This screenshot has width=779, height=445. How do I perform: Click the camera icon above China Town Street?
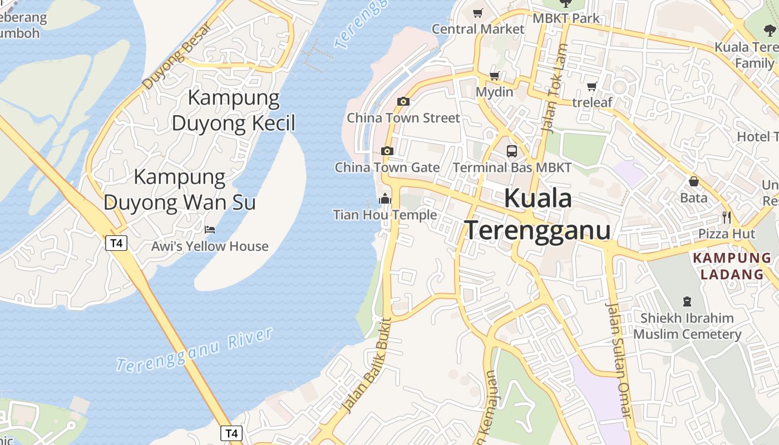403,101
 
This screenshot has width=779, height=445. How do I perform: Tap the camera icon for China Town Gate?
387,151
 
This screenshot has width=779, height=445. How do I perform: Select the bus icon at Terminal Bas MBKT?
511,151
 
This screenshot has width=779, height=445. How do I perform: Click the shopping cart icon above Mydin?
494,76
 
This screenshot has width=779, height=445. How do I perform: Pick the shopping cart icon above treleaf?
591,86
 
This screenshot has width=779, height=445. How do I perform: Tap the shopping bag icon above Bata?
694,181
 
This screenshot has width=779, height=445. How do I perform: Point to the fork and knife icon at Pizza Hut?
726,217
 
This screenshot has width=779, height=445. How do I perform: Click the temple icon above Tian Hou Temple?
384,199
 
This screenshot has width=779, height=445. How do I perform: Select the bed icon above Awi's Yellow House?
210,229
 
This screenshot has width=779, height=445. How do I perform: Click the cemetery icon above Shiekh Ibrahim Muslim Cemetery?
687,301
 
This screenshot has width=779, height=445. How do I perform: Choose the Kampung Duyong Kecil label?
233,110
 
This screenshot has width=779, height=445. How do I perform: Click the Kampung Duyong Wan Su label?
180,190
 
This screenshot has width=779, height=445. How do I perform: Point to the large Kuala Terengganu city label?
538,214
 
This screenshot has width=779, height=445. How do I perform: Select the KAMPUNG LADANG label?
732,266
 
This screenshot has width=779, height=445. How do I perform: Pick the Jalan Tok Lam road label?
554,89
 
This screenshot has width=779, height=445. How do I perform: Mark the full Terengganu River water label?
195,350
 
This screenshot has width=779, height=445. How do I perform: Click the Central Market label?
478,29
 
